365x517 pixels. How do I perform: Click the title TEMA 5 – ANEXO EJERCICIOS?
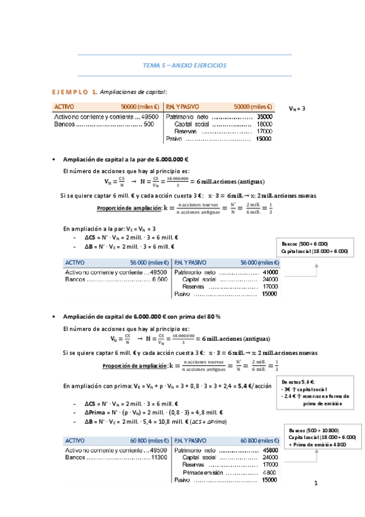coord(184,65)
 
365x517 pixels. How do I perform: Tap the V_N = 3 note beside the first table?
coord(297,109)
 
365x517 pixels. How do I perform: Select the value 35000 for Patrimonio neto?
coord(264,116)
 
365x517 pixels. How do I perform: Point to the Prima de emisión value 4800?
coord(268,472)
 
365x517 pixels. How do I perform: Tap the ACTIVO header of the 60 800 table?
coord(75,439)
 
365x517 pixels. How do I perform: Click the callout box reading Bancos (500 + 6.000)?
coord(313,247)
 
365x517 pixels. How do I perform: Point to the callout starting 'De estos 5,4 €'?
coord(316,391)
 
